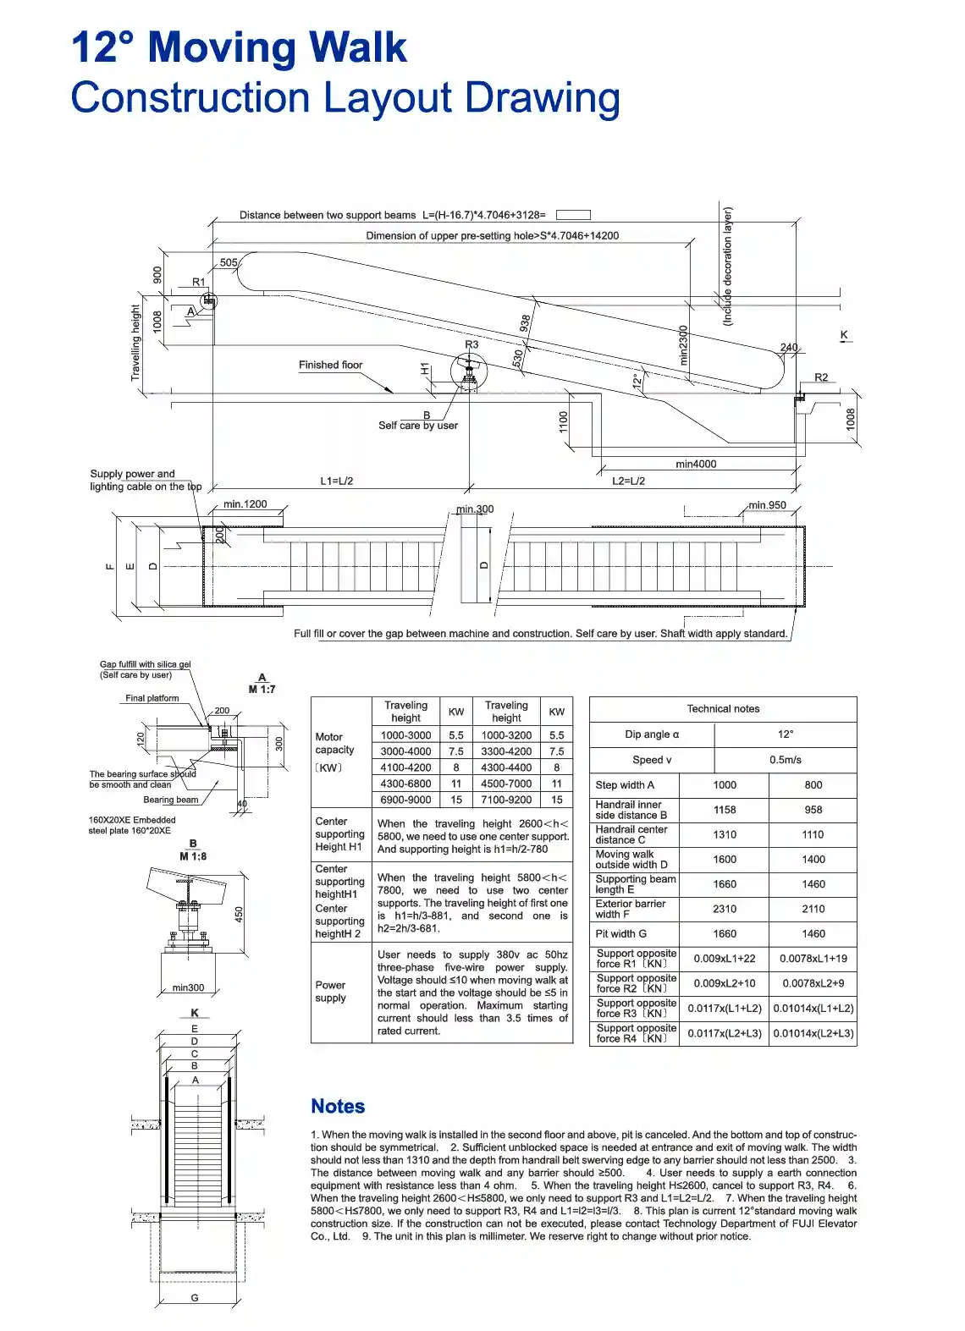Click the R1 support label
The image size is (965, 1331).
(x=198, y=283)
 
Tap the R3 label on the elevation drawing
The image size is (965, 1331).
(x=471, y=344)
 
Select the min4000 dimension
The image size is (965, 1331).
(x=696, y=464)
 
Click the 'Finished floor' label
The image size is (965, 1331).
(x=330, y=365)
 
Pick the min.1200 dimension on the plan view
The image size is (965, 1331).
(x=245, y=504)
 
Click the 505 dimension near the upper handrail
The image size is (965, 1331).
(x=229, y=262)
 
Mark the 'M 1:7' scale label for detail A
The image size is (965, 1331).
(x=262, y=689)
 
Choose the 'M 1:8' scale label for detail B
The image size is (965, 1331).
(x=193, y=856)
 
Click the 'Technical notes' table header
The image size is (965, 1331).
(x=723, y=709)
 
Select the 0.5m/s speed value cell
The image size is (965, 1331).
(x=786, y=760)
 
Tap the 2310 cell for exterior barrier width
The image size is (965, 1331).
(x=725, y=909)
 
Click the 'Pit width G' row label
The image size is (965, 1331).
(x=620, y=934)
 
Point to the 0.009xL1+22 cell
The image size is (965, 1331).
(x=725, y=959)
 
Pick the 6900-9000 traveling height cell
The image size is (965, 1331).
(x=405, y=800)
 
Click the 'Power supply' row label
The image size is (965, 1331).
(x=330, y=992)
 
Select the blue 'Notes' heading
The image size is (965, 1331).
(x=338, y=1106)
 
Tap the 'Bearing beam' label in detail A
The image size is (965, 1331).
(x=170, y=800)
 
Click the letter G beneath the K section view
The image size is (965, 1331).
(x=195, y=1298)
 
